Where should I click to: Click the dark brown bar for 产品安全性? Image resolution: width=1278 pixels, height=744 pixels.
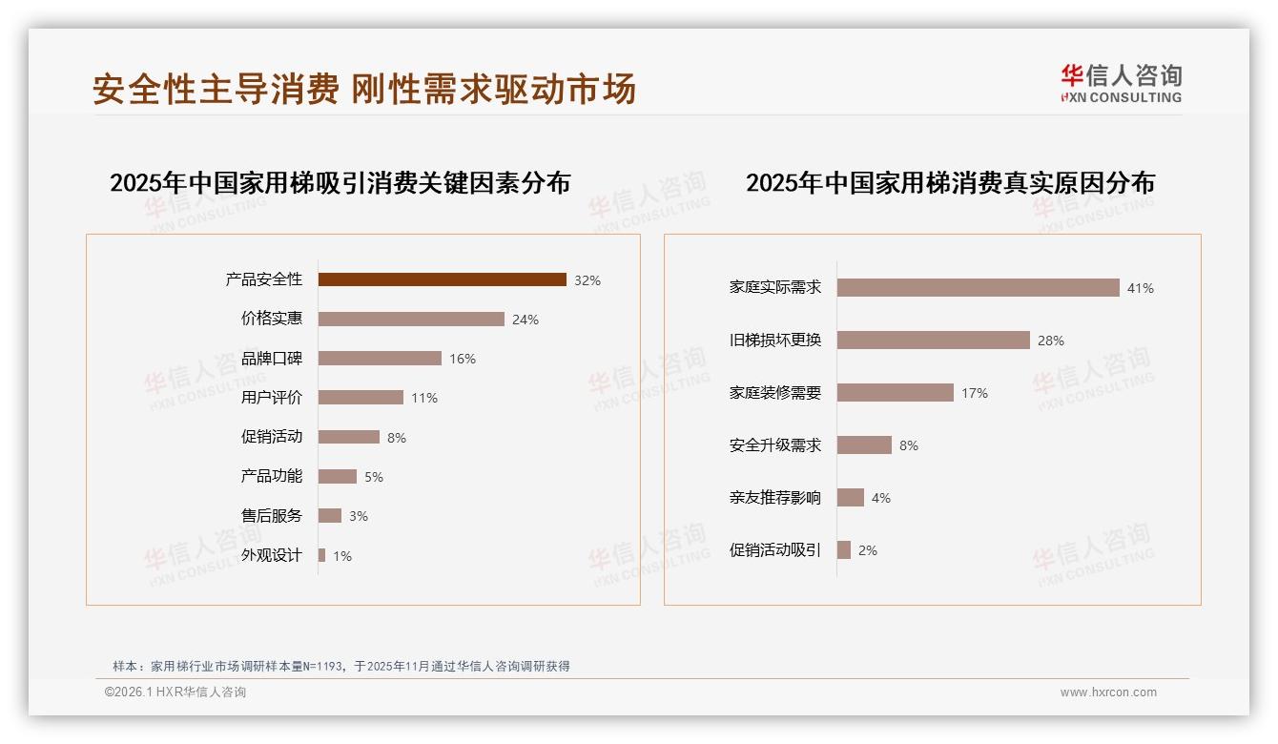coord(442,279)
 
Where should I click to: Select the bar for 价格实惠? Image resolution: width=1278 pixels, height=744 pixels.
coord(411,320)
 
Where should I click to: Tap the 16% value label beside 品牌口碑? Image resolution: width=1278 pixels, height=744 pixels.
coord(463,359)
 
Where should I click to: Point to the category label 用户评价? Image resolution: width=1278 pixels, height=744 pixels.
coord(272,398)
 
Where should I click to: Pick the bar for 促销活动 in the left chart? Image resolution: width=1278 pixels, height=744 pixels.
coord(349,437)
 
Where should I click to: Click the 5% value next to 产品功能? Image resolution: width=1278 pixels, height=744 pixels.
coord(374,477)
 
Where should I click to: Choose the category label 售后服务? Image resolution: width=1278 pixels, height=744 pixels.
coord(272,516)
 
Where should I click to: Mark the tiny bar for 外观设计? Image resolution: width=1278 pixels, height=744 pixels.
coord(322,555)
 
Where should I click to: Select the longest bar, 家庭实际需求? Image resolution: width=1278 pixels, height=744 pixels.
coord(978,287)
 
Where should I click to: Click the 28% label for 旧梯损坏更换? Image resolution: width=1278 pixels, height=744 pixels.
coord(1051,341)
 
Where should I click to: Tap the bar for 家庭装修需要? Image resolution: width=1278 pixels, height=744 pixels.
coord(896,393)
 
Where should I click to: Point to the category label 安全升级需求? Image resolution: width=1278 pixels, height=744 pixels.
coord(775,445)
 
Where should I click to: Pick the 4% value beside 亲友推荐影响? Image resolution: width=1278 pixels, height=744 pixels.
coord(881,498)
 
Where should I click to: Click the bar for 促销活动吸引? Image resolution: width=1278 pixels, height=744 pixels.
coord(844,550)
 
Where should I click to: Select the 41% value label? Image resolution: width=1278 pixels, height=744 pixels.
coord(1141,288)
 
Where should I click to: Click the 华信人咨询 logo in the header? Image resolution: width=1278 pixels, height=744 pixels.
coord(1121,83)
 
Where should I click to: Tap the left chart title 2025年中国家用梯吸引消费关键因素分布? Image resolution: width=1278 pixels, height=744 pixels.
coord(340,183)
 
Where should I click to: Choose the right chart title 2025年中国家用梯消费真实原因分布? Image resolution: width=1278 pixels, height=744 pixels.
coord(950,183)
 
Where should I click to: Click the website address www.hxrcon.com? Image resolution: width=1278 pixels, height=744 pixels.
coord(1108,692)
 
